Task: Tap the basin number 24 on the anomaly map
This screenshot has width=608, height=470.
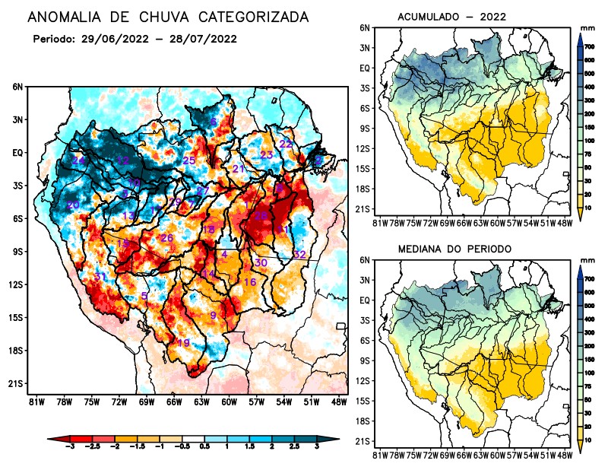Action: click(78, 160)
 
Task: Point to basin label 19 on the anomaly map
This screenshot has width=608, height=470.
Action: click(183, 343)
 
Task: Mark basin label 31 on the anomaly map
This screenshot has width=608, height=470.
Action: click(100, 276)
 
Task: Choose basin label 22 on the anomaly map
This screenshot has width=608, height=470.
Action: click(286, 144)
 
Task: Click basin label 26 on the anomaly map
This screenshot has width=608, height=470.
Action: click(167, 238)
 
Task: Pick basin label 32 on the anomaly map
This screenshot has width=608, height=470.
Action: click(299, 254)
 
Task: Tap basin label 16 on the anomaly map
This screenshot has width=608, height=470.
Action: click(249, 282)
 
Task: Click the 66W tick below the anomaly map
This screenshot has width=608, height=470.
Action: click(173, 402)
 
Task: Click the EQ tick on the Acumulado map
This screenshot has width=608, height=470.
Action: click(365, 68)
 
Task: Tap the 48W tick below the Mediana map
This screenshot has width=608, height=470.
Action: click(564, 455)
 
